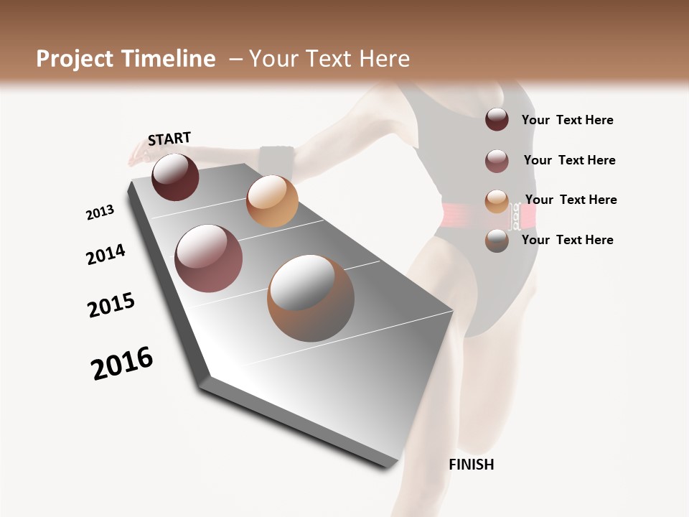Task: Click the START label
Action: pos(169,139)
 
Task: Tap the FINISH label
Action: pos(471,465)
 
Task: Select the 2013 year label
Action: pos(100,213)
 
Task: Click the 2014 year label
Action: pos(106,255)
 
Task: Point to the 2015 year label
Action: pos(111,305)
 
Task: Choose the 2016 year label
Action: pos(122,363)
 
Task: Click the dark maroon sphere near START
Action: pos(175,177)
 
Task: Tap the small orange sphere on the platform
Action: pos(271,201)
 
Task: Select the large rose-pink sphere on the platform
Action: pos(208,258)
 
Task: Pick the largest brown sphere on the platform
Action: pos(311,298)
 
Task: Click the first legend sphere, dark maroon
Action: pos(497,119)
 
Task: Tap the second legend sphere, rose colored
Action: pos(497,161)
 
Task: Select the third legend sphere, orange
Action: pos(497,200)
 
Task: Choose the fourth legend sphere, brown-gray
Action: pos(497,241)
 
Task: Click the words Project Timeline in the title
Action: pos(126,59)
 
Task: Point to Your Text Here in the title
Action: pos(329,59)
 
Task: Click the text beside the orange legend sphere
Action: pos(571,200)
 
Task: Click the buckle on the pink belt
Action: pos(515,215)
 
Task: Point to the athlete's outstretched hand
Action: pos(137,154)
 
